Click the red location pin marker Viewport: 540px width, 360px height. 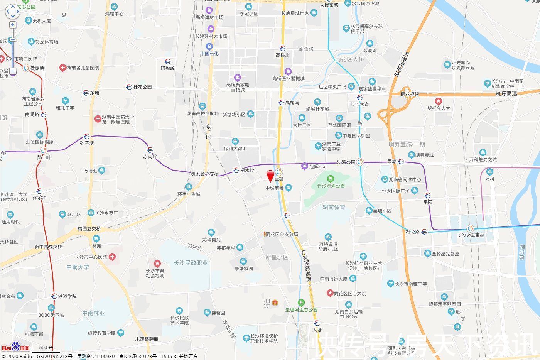[x=271, y=176]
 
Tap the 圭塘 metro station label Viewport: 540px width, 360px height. [x=279, y=178]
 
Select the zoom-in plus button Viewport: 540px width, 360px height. [x=13, y=25]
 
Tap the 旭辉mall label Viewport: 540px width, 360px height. [x=318, y=166]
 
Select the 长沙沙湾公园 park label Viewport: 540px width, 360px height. [x=331, y=186]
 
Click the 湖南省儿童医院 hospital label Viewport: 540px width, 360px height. [x=83, y=68]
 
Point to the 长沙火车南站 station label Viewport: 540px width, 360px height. [x=470, y=235]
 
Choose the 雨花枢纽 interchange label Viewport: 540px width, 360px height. [x=410, y=94]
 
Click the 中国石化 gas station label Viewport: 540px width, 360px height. [x=209, y=54]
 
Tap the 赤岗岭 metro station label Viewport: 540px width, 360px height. [x=150, y=157]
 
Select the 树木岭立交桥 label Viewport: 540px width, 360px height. [x=205, y=174]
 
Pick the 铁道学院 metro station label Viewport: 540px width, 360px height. [x=67, y=296]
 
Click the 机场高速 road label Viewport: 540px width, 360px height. [x=506, y=94]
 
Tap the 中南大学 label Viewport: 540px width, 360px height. [x=78, y=267]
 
